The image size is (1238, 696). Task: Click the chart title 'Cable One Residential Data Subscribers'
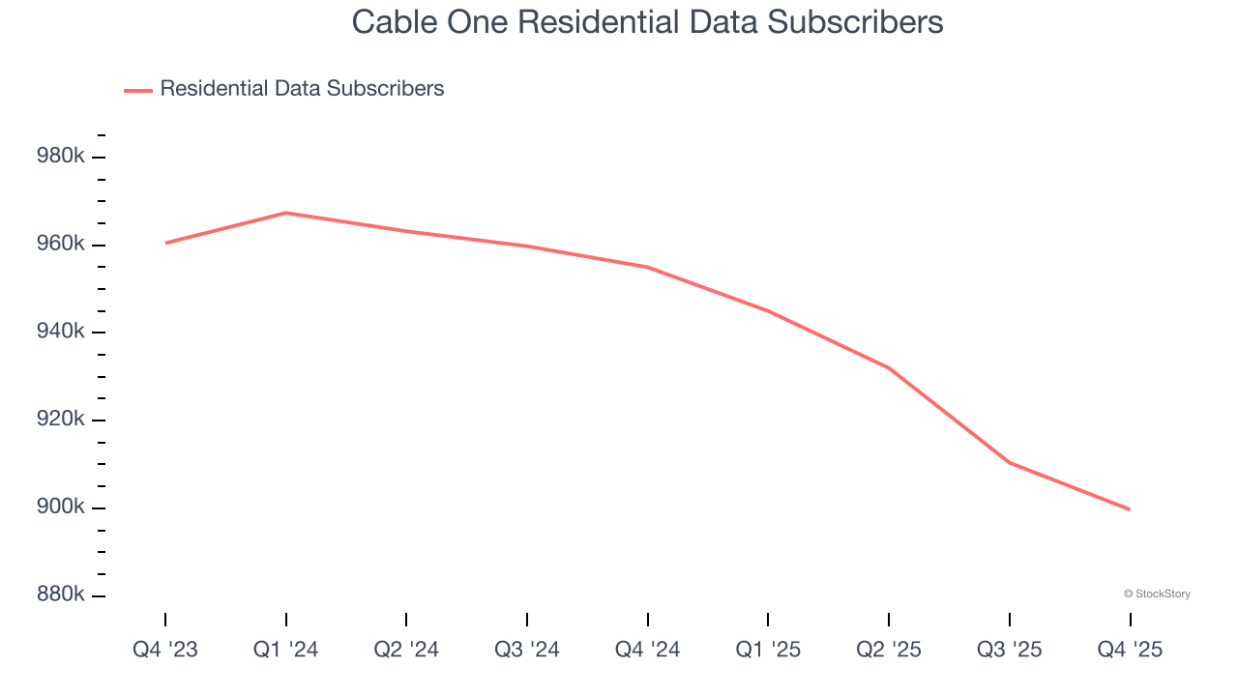(647, 21)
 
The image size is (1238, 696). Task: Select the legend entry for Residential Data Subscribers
(302, 89)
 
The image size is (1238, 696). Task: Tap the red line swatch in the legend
(138, 90)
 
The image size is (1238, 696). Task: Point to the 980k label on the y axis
(62, 156)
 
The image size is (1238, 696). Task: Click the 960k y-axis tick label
(62, 244)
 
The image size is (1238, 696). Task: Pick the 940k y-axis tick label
(62, 332)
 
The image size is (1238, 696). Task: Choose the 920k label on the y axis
(62, 420)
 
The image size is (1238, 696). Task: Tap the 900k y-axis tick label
(62, 507)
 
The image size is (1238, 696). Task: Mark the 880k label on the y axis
(62, 594)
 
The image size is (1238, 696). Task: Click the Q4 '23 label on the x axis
(165, 651)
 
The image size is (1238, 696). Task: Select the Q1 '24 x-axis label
(286, 651)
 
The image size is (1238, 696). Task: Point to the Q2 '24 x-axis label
(406, 651)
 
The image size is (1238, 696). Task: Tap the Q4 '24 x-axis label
(648, 651)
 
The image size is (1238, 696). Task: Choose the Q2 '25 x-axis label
(889, 651)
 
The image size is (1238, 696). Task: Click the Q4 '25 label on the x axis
(1130, 651)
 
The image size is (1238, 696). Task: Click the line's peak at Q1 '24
(286, 213)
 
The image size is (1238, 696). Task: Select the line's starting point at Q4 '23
(166, 243)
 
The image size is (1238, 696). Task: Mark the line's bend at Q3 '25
(1010, 462)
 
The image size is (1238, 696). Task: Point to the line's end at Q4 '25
(1129, 508)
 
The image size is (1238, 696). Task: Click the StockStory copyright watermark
(1157, 594)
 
